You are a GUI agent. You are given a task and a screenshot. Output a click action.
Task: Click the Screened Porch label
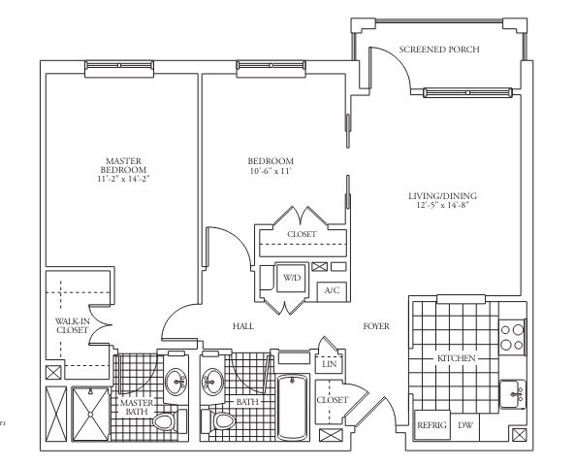pos(439,50)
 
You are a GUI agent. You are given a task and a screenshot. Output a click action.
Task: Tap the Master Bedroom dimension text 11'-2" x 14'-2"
pos(123,179)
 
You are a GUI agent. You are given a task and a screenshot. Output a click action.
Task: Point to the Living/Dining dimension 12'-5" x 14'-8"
pos(442,205)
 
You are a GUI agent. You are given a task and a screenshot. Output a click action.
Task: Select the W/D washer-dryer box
pos(291,278)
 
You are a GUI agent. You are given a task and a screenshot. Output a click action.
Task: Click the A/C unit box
pos(332,291)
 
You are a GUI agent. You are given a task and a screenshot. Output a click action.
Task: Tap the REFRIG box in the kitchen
pos(432,425)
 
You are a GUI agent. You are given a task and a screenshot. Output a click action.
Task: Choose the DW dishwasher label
pos(465,425)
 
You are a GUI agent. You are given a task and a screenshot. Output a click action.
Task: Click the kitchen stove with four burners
pos(512,337)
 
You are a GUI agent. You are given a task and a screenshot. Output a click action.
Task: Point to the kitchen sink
pos(513,394)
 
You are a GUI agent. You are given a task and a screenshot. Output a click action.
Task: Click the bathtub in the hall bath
pos(292,407)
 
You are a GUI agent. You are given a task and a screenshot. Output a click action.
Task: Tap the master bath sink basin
pos(176,382)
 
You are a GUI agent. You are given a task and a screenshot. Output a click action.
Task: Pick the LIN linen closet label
pos(329,364)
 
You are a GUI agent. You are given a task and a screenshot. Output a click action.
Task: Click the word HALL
pos(243,326)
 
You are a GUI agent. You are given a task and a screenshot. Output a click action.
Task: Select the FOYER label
pos(376,326)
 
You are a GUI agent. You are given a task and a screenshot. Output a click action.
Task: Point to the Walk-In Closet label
pos(73,325)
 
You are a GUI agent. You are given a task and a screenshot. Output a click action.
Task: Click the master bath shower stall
pos(90,414)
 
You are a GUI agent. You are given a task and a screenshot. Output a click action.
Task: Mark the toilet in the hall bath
pos(218,421)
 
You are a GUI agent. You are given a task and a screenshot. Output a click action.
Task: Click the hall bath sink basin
pos(212,382)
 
